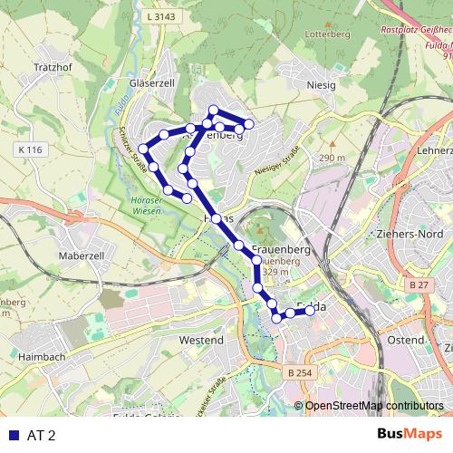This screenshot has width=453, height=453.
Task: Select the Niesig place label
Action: point(321,85)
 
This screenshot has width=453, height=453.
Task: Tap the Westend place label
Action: point(201,340)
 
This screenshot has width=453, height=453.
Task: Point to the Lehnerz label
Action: point(432,149)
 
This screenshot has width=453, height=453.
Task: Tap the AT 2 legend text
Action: point(42,436)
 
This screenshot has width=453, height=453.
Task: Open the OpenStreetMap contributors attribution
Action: point(373,406)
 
